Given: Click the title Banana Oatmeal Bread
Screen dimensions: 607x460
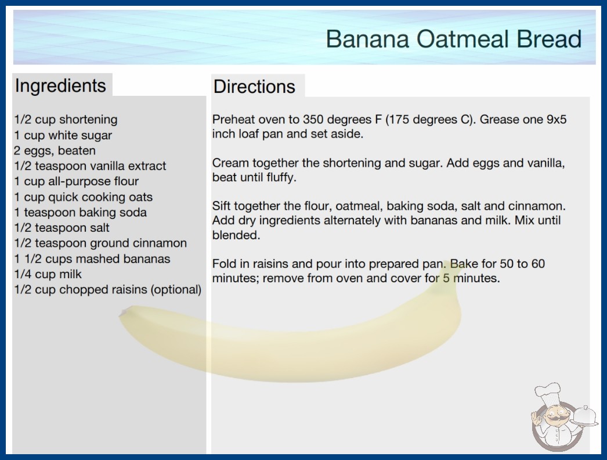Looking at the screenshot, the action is [454, 39].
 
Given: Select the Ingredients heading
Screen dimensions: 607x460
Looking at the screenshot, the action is [60, 86].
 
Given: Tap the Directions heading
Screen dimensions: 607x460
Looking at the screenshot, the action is [254, 87].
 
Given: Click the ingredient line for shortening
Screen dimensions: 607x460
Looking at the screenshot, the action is [66, 120].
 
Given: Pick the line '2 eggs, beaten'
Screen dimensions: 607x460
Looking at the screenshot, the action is [55, 151].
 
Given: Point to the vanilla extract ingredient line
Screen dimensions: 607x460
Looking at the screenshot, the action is [90, 166].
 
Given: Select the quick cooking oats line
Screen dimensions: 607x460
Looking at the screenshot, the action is [84, 197].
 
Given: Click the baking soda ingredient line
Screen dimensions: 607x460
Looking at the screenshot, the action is [81, 213].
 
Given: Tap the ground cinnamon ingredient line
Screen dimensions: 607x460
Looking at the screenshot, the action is [100, 243].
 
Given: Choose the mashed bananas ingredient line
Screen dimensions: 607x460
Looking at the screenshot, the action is [92, 258].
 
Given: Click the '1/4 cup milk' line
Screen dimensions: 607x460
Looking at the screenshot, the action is [48, 274].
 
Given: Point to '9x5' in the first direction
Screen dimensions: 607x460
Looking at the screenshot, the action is [557, 120].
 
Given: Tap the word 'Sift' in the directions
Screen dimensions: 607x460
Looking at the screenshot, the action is [221, 206].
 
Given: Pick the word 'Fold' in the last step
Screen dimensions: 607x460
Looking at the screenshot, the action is [223, 264].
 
